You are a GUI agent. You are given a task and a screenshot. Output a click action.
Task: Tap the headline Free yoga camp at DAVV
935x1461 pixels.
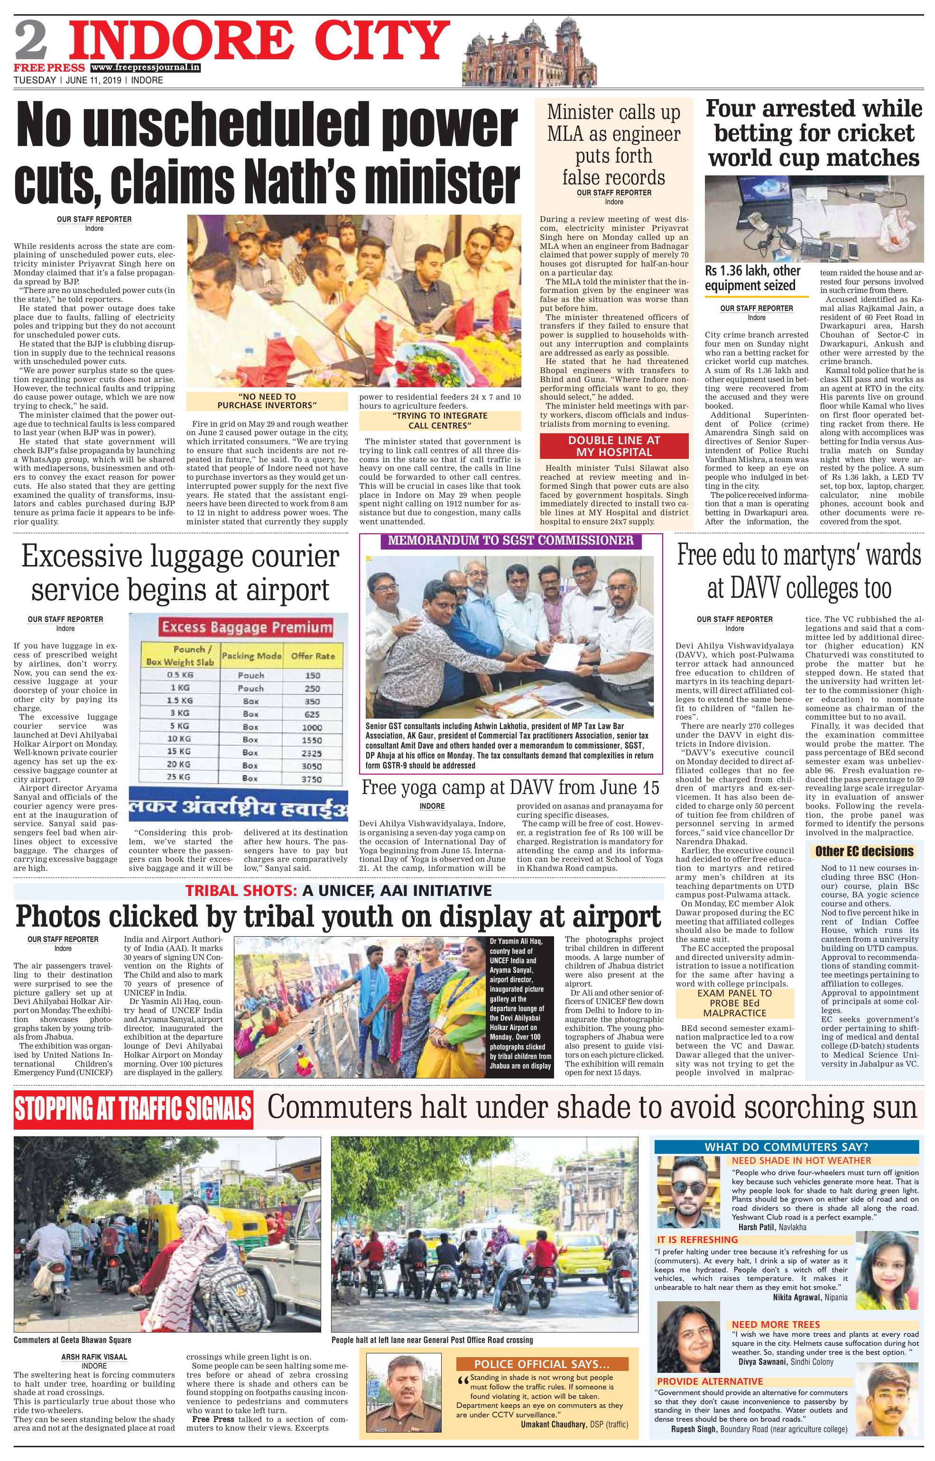click(x=510, y=788)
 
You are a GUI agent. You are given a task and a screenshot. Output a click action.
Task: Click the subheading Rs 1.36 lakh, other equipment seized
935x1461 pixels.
click(x=753, y=278)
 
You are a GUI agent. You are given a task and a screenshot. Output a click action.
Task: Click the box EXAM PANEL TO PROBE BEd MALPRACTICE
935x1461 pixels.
click(x=735, y=1003)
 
